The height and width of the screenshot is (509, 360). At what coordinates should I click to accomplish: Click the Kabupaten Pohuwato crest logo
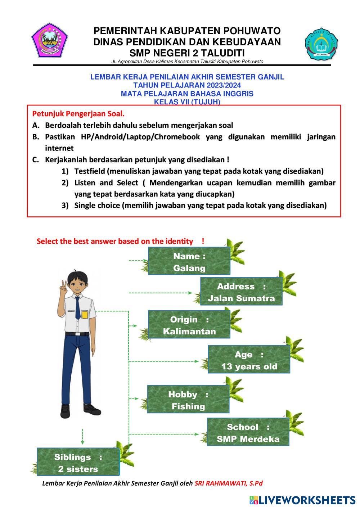(49, 40)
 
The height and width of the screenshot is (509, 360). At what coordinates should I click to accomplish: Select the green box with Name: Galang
(189, 262)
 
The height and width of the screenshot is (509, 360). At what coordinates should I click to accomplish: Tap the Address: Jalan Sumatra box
(241, 292)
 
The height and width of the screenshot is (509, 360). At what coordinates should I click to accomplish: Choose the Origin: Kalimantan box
(189, 325)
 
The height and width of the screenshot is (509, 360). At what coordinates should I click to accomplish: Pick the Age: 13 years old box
(249, 360)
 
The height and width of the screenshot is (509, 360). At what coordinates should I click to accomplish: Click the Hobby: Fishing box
(188, 400)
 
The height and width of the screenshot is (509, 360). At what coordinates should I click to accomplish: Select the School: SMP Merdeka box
(248, 433)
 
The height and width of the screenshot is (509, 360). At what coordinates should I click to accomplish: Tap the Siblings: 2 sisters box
(78, 463)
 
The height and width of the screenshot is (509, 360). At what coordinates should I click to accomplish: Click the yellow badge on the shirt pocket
(84, 315)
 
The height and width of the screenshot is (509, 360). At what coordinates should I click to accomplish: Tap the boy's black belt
(77, 334)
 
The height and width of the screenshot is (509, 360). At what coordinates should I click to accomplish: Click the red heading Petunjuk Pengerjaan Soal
(78, 114)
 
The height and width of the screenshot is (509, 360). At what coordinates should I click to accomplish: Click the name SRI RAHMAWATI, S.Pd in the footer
(229, 483)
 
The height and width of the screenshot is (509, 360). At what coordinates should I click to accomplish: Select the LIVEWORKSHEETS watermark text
(307, 500)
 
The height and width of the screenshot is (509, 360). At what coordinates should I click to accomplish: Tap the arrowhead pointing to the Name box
(145, 260)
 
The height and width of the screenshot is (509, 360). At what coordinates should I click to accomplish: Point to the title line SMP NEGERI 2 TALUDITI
(187, 53)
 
